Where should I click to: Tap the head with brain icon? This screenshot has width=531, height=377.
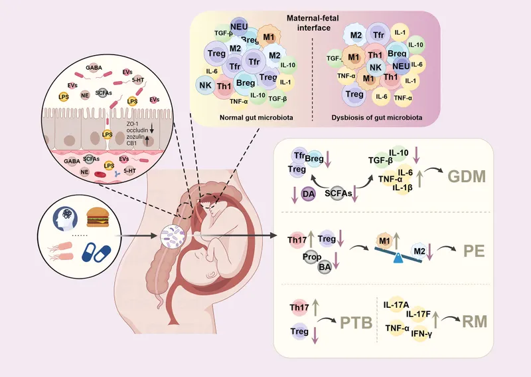pos(66,217)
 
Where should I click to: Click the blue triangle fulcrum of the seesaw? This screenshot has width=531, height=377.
pos(396,259)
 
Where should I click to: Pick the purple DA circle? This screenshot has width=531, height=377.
pos(308,193)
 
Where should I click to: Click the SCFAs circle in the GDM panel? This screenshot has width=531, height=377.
pos(339,192)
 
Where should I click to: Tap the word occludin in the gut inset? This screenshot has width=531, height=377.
pos(137,130)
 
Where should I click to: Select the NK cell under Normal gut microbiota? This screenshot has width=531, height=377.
pos(204,84)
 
